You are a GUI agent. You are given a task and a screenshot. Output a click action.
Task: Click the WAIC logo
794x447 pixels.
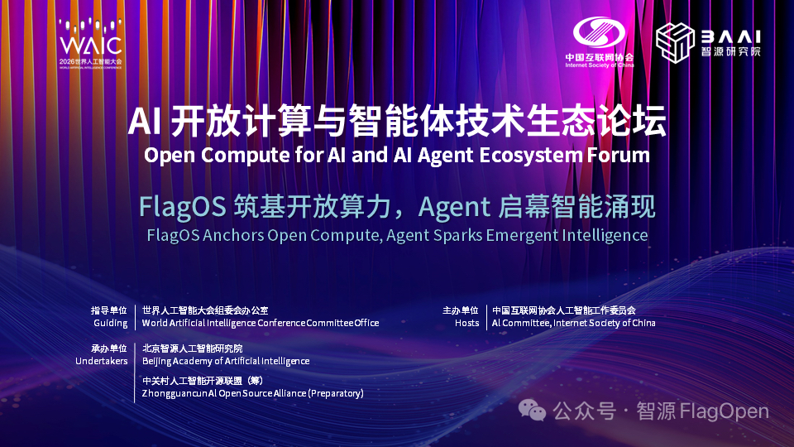[91, 44]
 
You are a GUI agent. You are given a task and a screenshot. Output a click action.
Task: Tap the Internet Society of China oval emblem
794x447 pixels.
[599, 32]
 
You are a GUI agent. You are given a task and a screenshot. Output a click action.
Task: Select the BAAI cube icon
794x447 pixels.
[675, 42]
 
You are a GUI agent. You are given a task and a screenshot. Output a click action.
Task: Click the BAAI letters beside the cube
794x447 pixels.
[730, 36]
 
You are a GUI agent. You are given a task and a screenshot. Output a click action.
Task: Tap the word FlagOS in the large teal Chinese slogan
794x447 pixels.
[183, 208]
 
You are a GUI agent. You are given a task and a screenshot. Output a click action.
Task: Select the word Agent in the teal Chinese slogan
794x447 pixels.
[454, 208]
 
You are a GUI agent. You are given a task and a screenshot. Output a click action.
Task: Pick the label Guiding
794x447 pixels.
[110, 323]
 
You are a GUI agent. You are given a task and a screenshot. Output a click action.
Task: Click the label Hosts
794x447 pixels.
[466, 323]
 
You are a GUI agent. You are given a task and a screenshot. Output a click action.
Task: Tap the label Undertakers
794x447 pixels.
[101, 361]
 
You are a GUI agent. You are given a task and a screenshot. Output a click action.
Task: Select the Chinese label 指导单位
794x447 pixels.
[109, 310]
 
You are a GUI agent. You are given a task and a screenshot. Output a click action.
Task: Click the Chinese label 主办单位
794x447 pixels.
[461, 310]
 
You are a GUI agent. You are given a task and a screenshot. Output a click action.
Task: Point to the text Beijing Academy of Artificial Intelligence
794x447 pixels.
[226, 361]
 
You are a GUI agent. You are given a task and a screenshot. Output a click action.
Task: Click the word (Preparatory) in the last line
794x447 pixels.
[336, 393]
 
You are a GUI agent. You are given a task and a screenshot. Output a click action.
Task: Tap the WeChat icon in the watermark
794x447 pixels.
[532, 410]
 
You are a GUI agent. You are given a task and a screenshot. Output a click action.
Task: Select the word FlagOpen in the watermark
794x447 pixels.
[724, 411]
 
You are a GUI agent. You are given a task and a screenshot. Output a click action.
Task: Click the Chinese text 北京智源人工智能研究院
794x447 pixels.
[193, 348]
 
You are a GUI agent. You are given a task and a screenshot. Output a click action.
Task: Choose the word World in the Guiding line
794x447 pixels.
[155, 323]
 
